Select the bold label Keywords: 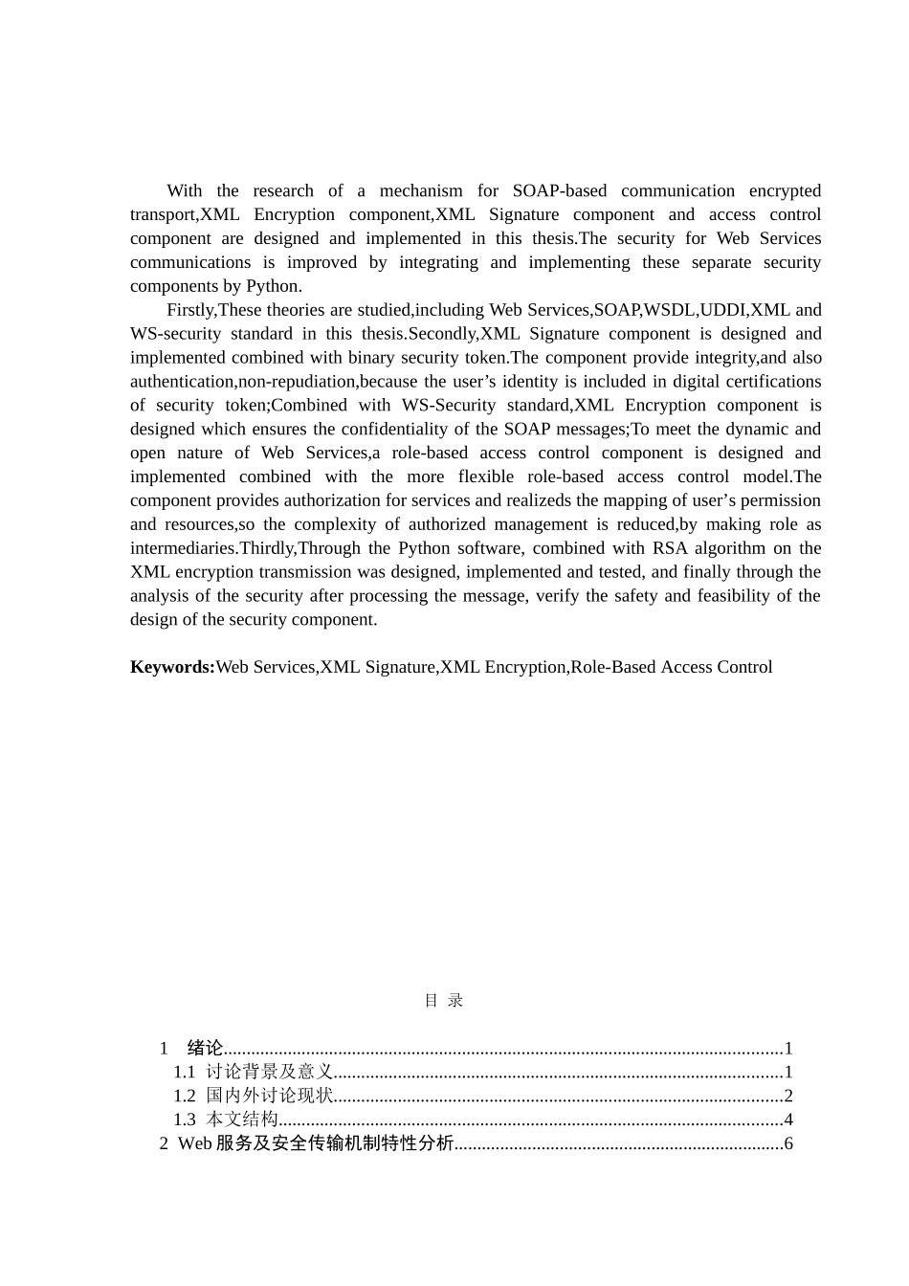point(172,667)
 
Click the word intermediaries point(183,548)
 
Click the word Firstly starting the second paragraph point(190,310)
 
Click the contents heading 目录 point(444,1001)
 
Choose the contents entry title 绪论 point(205,1049)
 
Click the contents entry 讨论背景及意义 point(269,1072)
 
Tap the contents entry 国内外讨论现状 point(269,1096)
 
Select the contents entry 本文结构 point(242,1120)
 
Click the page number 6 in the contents point(788,1143)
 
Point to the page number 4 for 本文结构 point(788,1120)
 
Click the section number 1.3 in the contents point(184,1120)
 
